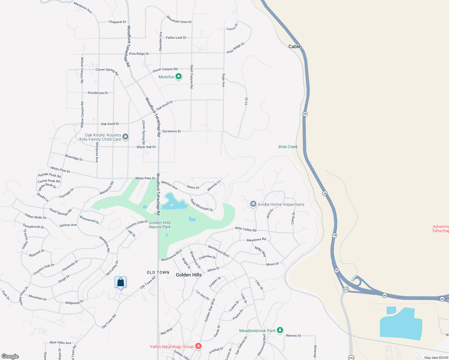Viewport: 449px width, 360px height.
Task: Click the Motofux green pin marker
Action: tap(179, 76)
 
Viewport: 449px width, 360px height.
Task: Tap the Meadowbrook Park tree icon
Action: tap(280, 330)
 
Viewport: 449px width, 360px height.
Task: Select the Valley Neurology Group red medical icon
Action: tap(198, 346)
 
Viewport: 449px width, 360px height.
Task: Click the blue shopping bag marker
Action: tap(120, 282)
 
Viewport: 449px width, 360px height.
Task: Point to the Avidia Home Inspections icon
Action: tap(253, 204)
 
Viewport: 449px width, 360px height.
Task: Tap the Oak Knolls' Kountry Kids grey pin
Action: tap(125, 137)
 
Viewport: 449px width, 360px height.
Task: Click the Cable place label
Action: tap(294, 46)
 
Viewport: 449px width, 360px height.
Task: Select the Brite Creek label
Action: tap(288, 147)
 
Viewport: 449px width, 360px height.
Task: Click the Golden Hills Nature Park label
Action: tap(160, 225)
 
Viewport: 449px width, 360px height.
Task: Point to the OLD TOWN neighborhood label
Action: tap(158, 272)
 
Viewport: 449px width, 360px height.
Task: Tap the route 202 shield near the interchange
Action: tap(346, 289)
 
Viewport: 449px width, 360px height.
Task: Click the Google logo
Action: tap(10, 356)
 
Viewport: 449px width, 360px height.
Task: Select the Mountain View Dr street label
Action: tap(179, 19)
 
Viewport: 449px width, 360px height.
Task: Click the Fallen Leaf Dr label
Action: tap(176, 37)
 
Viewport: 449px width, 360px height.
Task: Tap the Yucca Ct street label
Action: tap(232, 27)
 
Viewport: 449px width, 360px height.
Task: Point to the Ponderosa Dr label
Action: tap(98, 93)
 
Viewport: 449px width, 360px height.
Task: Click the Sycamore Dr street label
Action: tap(171, 131)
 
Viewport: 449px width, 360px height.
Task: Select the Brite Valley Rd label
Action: tap(246, 229)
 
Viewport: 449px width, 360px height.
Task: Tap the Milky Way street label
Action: tap(260, 251)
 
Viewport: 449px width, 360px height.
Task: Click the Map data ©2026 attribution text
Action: tap(436, 357)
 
